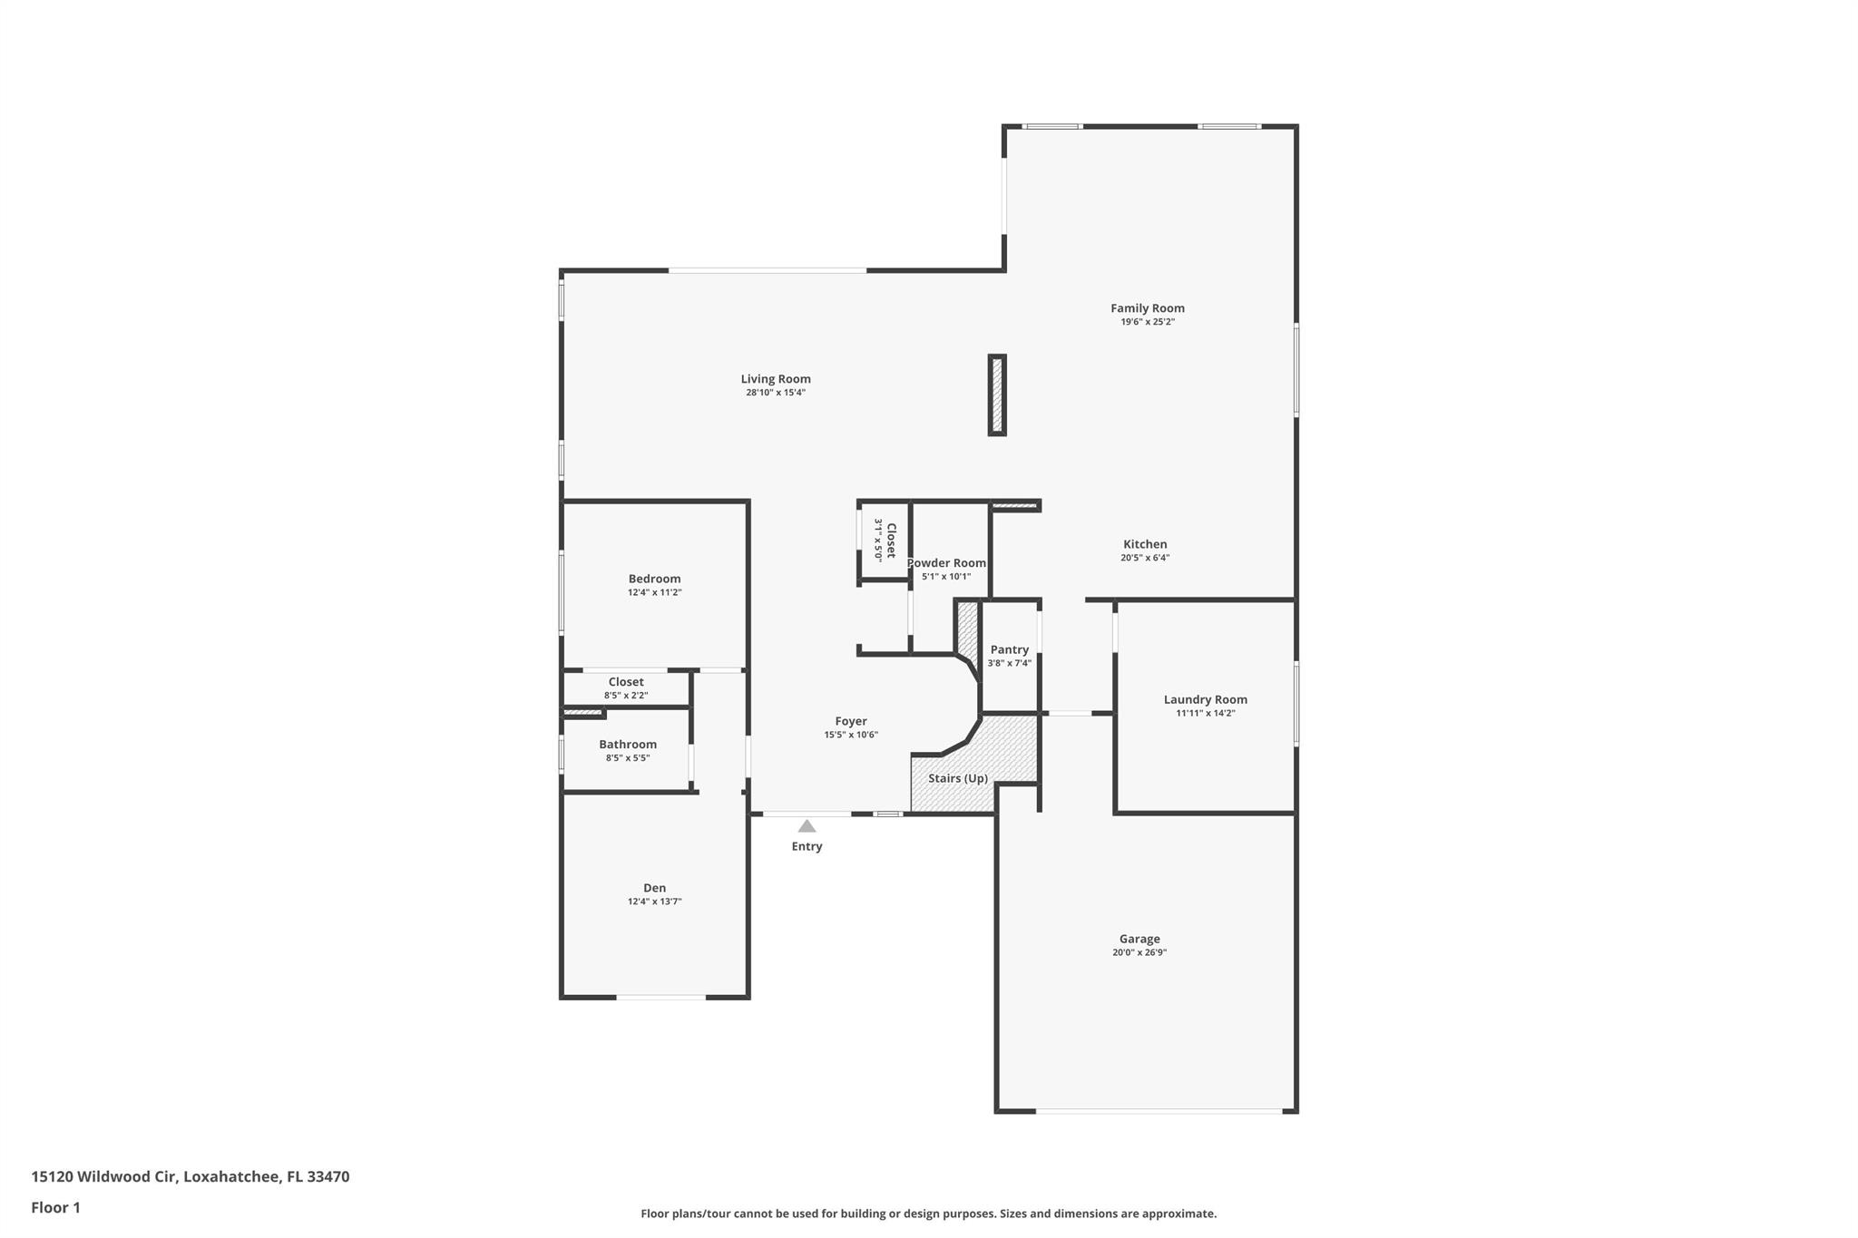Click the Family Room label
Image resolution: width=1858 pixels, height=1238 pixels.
pos(1147,308)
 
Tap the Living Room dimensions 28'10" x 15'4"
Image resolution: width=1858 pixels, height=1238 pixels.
pos(776,393)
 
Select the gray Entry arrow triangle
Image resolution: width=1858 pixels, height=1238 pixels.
pos(807,826)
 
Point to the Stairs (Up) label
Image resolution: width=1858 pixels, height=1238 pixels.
pos(957,778)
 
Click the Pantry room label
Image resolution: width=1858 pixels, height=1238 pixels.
pos(1009,649)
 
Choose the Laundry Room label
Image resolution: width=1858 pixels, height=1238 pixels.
pos(1205,699)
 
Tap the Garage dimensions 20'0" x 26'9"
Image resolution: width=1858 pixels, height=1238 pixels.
pos(1139,952)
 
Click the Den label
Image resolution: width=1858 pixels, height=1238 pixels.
pos(654,888)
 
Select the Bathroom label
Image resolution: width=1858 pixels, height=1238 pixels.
pos(627,744)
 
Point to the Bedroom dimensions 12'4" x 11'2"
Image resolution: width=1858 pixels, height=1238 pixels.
pos(654,592)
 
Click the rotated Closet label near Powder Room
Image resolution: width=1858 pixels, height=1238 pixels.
pos(891,540)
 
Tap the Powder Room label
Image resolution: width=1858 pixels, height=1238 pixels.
pos(946,562)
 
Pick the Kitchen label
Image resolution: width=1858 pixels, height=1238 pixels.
pos(1144,544)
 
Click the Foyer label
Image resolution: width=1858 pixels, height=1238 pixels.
pos(850,721)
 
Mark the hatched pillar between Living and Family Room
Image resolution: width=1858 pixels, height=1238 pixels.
pos(997,395)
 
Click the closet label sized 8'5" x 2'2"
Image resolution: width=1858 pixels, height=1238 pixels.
pos(626,682)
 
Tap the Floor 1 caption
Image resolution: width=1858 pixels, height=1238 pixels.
pos(55,1207)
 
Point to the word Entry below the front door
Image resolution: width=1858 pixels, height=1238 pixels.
pos(807,846)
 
